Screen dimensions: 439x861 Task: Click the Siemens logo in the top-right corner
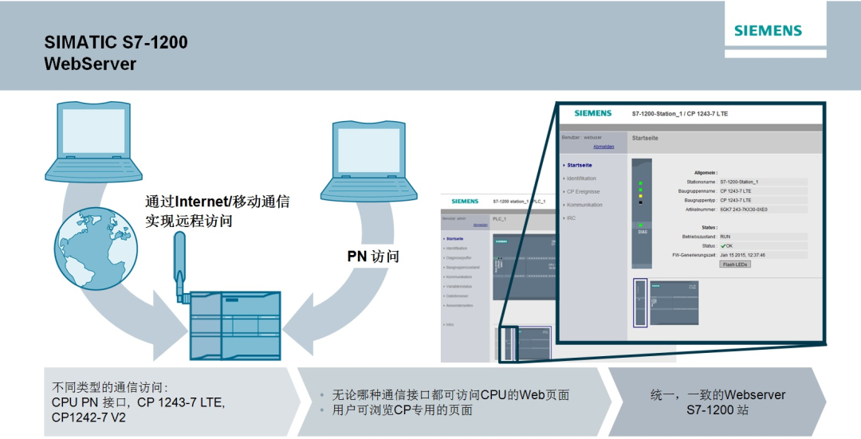tap(768, 31)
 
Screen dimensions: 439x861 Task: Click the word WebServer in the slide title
tap(90, 63)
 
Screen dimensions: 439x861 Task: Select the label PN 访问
tap(372, 257)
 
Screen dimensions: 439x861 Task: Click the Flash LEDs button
tap(735, 264)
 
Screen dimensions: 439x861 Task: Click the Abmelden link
tap(603, 147)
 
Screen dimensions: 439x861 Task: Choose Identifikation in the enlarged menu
tap(581, 178)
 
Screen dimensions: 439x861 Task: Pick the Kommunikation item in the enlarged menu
tap(584, 205)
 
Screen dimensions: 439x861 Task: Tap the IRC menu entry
tap(571, 218)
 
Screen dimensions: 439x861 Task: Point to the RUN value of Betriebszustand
tap(725, 237)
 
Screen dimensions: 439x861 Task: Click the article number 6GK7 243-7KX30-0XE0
tap(744, 210)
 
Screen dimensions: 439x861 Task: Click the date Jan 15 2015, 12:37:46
tap(742, 255)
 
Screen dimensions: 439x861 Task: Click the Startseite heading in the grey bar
tap(645, 138)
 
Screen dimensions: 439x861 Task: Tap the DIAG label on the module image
tap(643, 232)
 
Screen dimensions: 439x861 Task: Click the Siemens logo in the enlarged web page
tap(593, 113)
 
